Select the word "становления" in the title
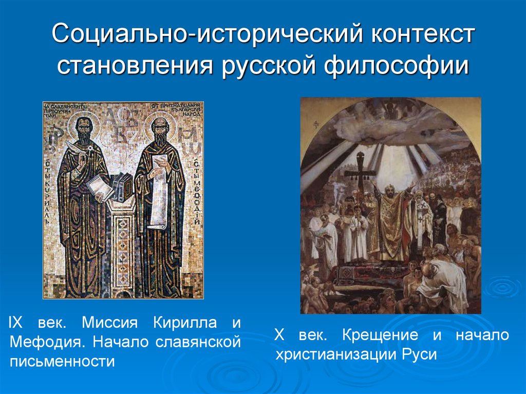tap(135, 67)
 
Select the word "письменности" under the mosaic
tap(62, 361)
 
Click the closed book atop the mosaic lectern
tap(123, 185)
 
